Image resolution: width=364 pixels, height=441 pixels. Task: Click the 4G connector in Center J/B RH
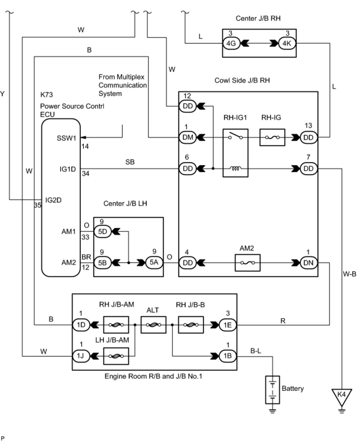[x=231, y=43]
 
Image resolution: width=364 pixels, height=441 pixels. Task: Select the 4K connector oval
[x=287, y=43]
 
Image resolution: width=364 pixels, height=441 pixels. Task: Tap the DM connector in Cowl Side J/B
[x=188, y=137]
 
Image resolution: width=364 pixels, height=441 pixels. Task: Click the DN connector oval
[x=309, y=263]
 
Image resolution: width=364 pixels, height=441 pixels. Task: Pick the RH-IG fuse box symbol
[x=272, y=137]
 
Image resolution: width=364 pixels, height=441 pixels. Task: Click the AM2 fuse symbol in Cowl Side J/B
[x=247, y=263]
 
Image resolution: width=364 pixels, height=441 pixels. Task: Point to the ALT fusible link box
[x=153, y=325]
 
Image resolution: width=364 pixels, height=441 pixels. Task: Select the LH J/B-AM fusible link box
[x=116, y=356]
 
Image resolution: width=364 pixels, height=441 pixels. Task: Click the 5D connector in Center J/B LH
[x=103, y=232]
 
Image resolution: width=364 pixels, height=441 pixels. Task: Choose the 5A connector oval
[x=154, y=263]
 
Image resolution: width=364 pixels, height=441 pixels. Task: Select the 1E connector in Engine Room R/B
[x=228, y=325]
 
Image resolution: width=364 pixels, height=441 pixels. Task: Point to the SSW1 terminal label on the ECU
[x=66, y=138]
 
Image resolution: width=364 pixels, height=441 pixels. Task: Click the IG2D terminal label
[x=53, y=200]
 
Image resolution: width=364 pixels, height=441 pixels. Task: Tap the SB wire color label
[x=130, y=162]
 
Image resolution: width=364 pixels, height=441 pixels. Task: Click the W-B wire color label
[x=350, y=274]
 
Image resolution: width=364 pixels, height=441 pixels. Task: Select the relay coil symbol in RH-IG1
[x=235, y=169]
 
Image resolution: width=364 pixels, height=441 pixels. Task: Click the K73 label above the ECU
[x=47, y=94]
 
